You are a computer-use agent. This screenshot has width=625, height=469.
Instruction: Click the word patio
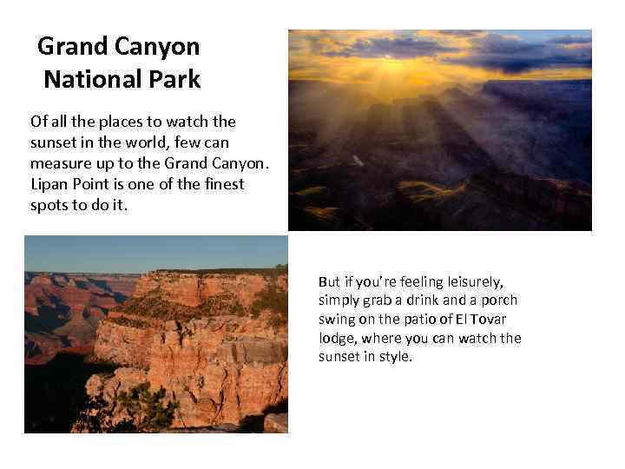[423, 320]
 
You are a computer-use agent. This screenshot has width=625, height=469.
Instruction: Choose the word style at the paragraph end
[394, 357]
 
